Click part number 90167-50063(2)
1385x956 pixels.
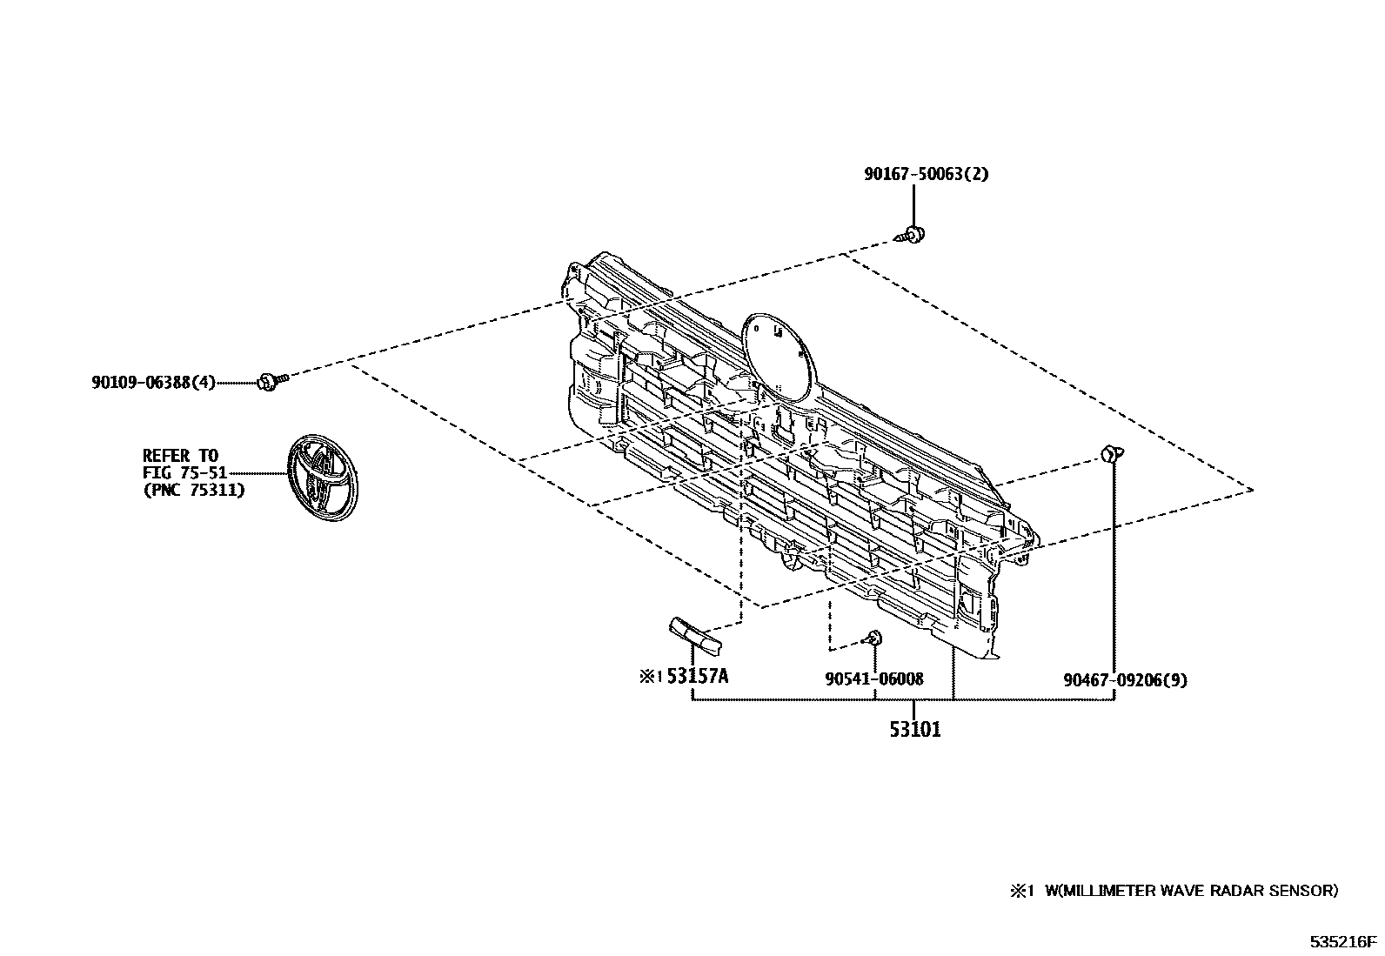coord(926,174)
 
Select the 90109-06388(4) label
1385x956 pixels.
coord(153,382)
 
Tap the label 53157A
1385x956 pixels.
coord(697,677)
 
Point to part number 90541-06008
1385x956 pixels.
coord(873,679)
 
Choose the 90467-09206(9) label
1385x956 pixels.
coord(1124,680)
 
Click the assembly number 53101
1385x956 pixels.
coord(914,729)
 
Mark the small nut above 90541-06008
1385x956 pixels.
coord(873,640)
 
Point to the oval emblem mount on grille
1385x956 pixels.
coord(778,354)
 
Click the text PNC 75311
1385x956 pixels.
coord(193,490)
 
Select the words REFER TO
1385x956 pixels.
coord(180,455)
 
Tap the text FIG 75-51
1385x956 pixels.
coord(184,472)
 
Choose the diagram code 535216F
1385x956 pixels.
coord(1344,941)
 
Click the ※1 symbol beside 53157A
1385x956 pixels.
coord(651,677)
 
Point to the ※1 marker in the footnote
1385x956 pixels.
coord(1020,890)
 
